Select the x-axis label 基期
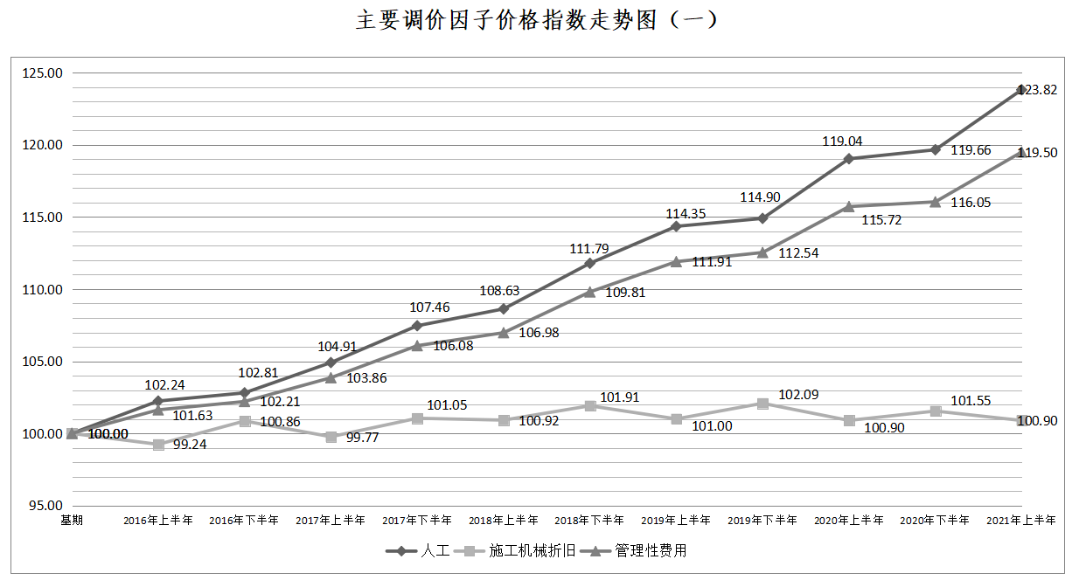click(x=72, y=521)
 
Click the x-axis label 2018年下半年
click(x=589, y=521)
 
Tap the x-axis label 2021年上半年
click(x=1020, y=521)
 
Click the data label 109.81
click(x=625, y=293)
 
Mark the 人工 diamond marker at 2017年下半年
click(x=417, y=326)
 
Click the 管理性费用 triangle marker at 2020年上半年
click(x=848, y=206)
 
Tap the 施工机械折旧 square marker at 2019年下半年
click(x=762, y=404)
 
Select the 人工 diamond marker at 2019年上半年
click(x=676, y=226)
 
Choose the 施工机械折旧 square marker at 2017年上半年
click(x=331, y=437)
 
